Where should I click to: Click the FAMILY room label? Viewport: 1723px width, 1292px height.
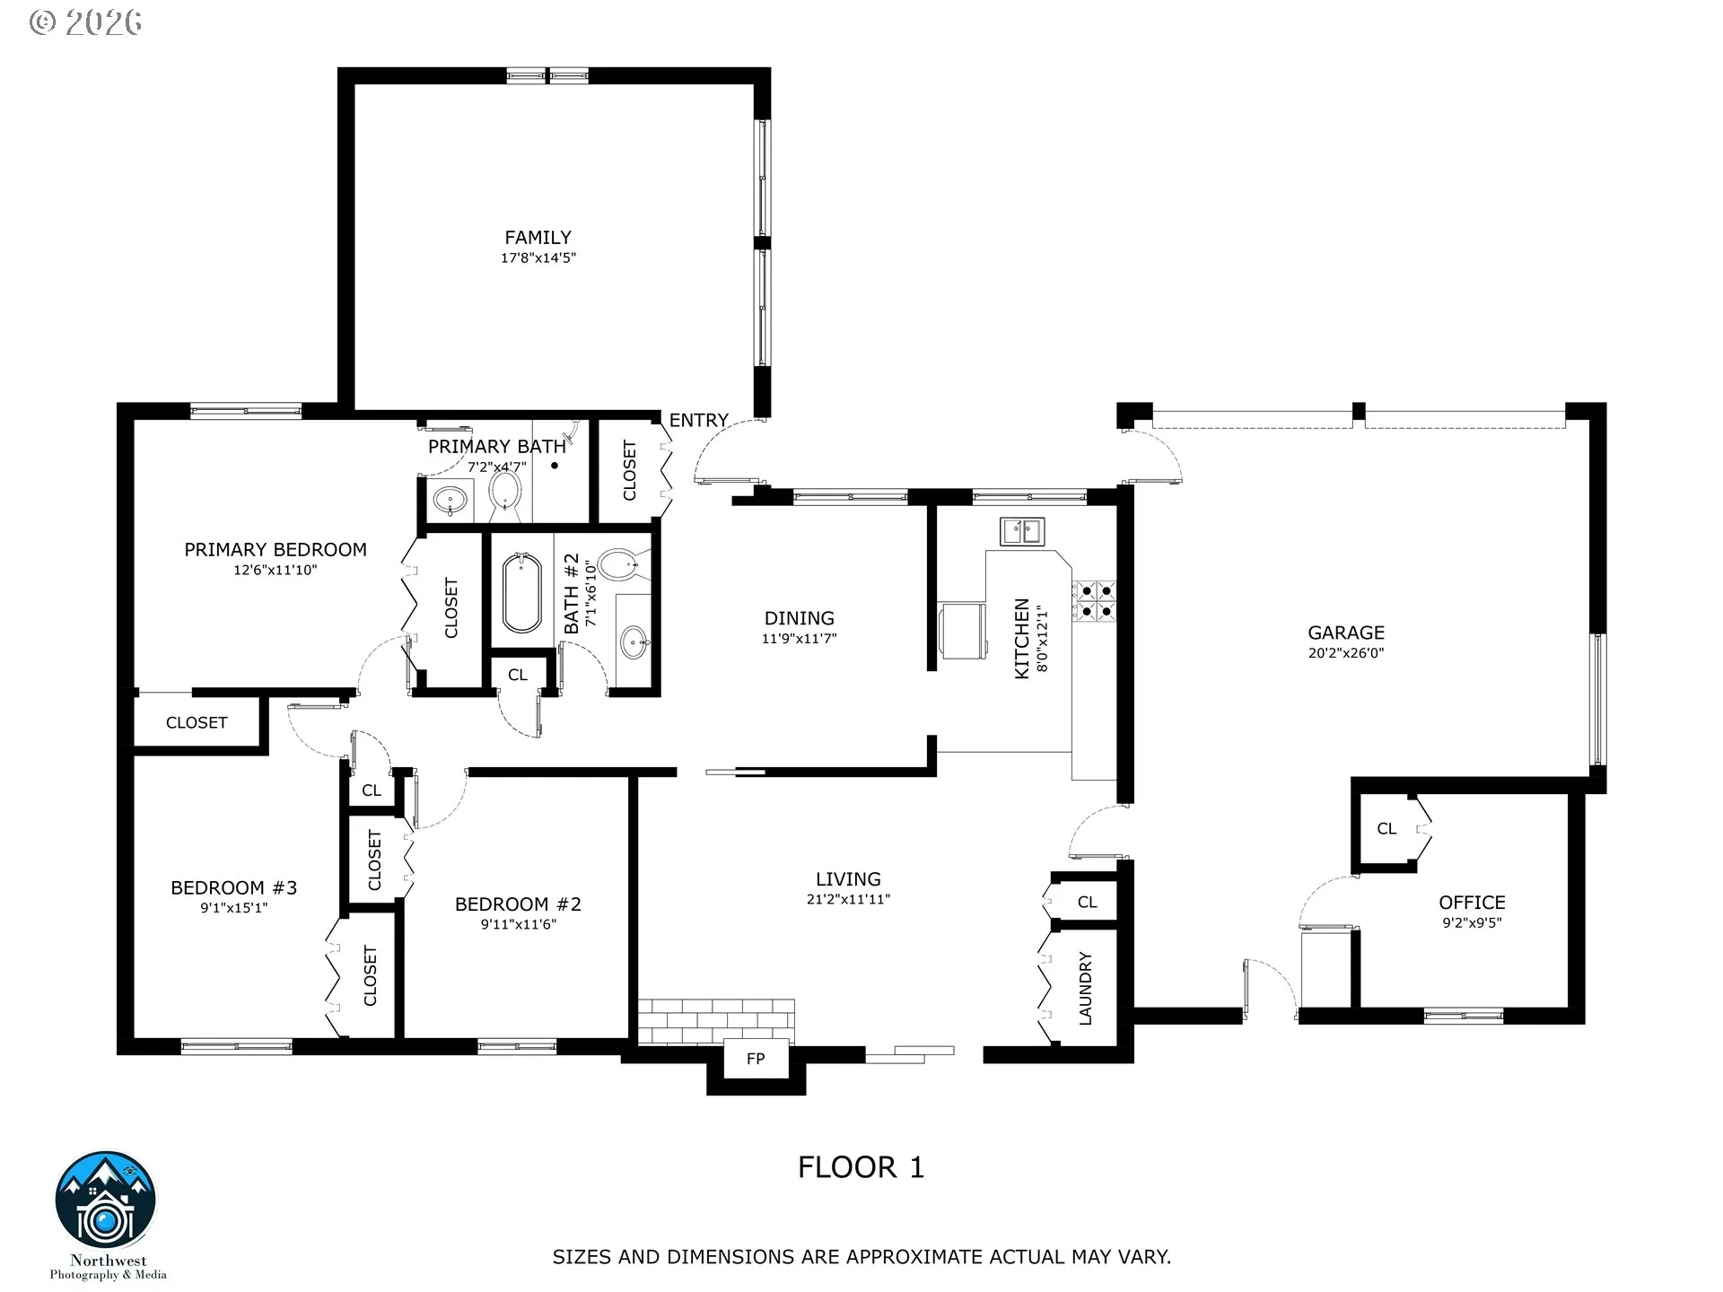coord(538,238)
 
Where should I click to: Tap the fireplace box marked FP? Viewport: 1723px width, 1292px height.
coord(756,1059)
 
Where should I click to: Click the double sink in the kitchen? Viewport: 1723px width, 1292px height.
coord(1022,531)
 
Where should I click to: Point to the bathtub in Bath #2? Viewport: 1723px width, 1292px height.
coord(522,593)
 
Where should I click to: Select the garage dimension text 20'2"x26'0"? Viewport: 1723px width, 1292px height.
coord(1346,653)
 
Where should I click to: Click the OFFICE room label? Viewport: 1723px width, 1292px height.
coord(1472,903)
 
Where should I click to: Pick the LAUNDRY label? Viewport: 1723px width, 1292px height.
coord(1085,989)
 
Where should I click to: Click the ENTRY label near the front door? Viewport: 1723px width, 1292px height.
coord(698,420)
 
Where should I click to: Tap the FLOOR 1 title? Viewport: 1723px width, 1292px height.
coord(861,1167)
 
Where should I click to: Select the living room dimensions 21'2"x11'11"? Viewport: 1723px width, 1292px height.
coord(848,899)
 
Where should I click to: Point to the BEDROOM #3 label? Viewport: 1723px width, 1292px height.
coord(233,888)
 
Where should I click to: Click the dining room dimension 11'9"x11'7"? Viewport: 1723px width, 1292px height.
coord(799,639)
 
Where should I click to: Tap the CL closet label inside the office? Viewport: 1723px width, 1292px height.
coord(1386,829)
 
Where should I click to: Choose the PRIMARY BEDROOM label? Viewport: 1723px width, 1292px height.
coord(276,550)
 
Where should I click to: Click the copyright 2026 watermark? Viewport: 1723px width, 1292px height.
coord(86,22)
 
